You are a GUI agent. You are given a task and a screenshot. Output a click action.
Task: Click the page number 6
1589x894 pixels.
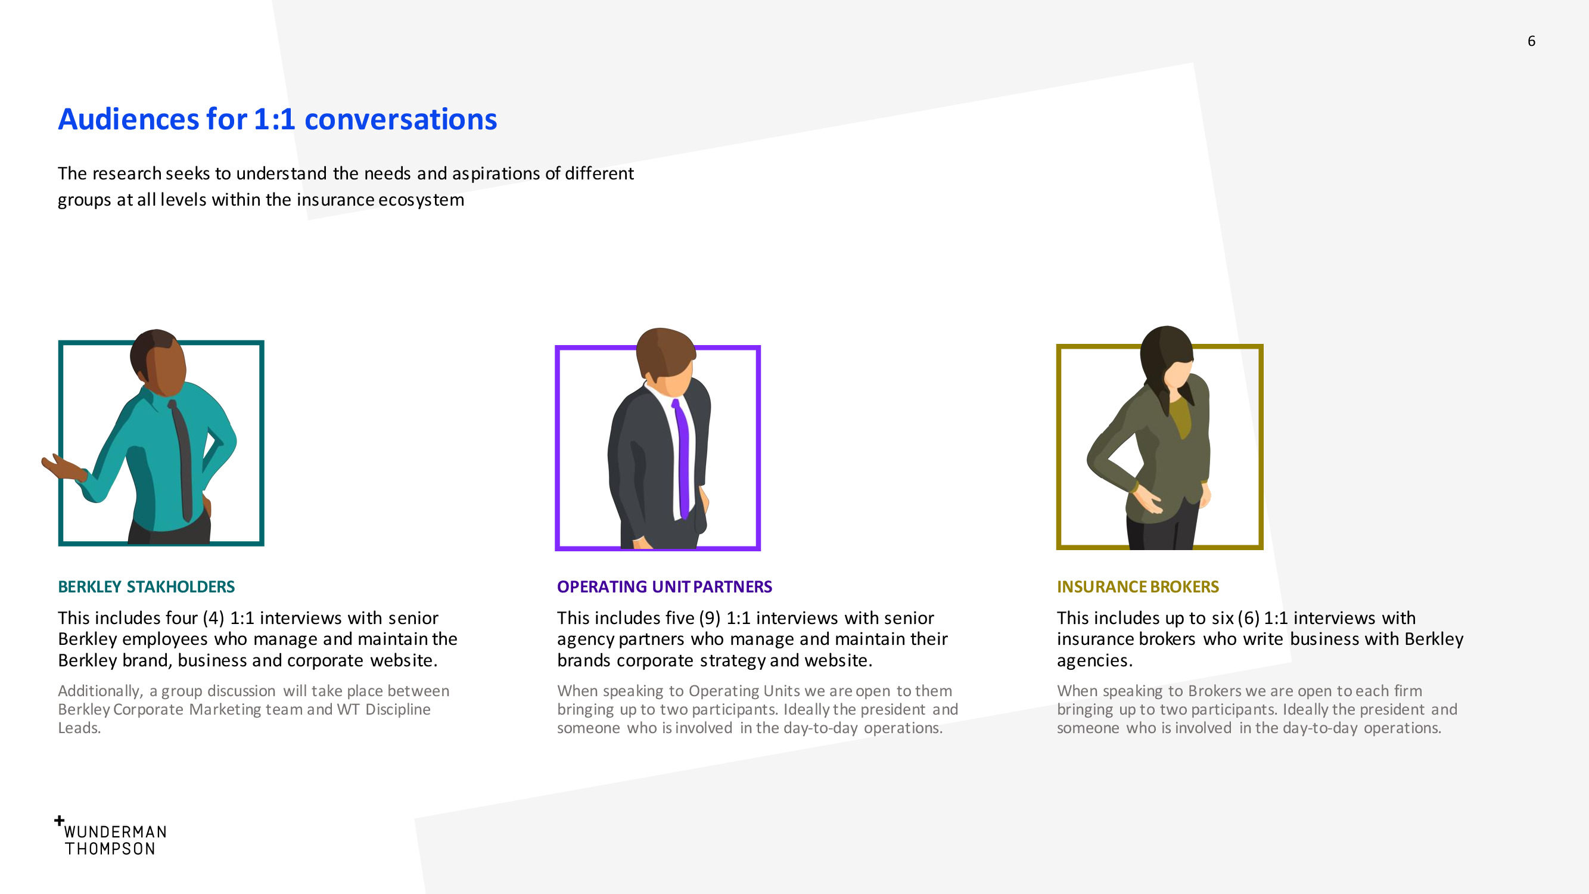point(1531,41)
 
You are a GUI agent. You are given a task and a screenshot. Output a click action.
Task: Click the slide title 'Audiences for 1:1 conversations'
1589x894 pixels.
point(278,119)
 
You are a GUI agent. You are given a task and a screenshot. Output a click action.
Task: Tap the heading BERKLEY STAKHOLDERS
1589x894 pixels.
point(146,586)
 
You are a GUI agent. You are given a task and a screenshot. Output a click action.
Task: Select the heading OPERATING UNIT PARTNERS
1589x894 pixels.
point(664,586)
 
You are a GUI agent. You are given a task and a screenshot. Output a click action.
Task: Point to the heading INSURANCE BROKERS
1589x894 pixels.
point(1137,586)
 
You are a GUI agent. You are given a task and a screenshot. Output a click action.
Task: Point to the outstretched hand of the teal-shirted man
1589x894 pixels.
point(62,467)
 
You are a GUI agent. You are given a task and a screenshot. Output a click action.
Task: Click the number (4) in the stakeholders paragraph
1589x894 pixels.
point(213,618)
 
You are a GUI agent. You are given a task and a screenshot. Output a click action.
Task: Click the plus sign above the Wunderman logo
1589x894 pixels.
point(59,821)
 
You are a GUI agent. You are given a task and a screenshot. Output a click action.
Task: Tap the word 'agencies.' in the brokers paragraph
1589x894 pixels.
point(1094,661)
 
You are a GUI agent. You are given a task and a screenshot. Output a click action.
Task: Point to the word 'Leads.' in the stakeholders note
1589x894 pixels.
point(79,728)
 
